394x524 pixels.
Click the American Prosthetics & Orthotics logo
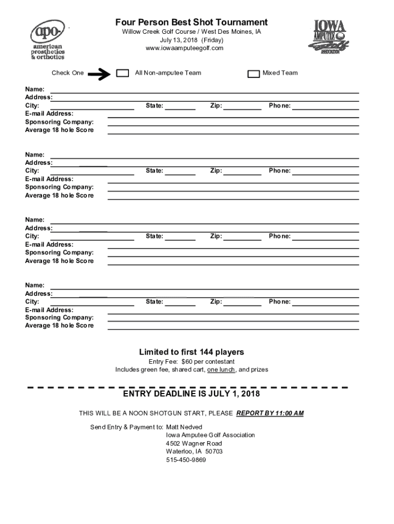(48, 40)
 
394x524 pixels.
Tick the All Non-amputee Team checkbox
(123, 73)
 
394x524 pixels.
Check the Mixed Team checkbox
(253, 74)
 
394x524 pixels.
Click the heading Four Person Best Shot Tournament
(191, 23)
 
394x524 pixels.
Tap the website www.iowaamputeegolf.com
(185, 48)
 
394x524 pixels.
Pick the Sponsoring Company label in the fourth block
(59, 318)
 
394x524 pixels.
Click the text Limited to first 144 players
(191, 352)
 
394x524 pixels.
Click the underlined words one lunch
(221, 369)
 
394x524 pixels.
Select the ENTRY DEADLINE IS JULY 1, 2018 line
(191, 394)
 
